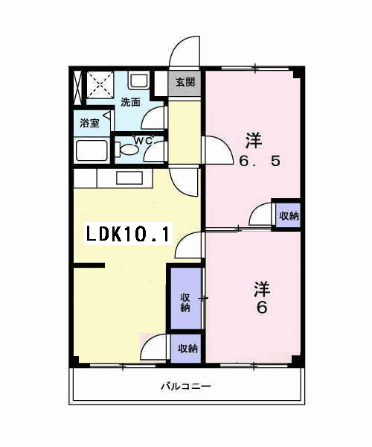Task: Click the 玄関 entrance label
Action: pos(186,82)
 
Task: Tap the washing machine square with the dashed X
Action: pos(97,85)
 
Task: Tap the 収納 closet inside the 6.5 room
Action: pos(289,215)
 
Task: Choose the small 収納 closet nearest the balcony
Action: pos(187,348)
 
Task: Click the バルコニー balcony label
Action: pos(186,387)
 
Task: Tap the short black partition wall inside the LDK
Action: pos(89,264)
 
